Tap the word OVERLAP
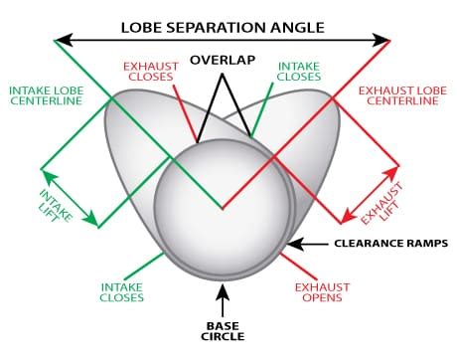point(222,60)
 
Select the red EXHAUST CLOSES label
point(150,73)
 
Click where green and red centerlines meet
point(223,209)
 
